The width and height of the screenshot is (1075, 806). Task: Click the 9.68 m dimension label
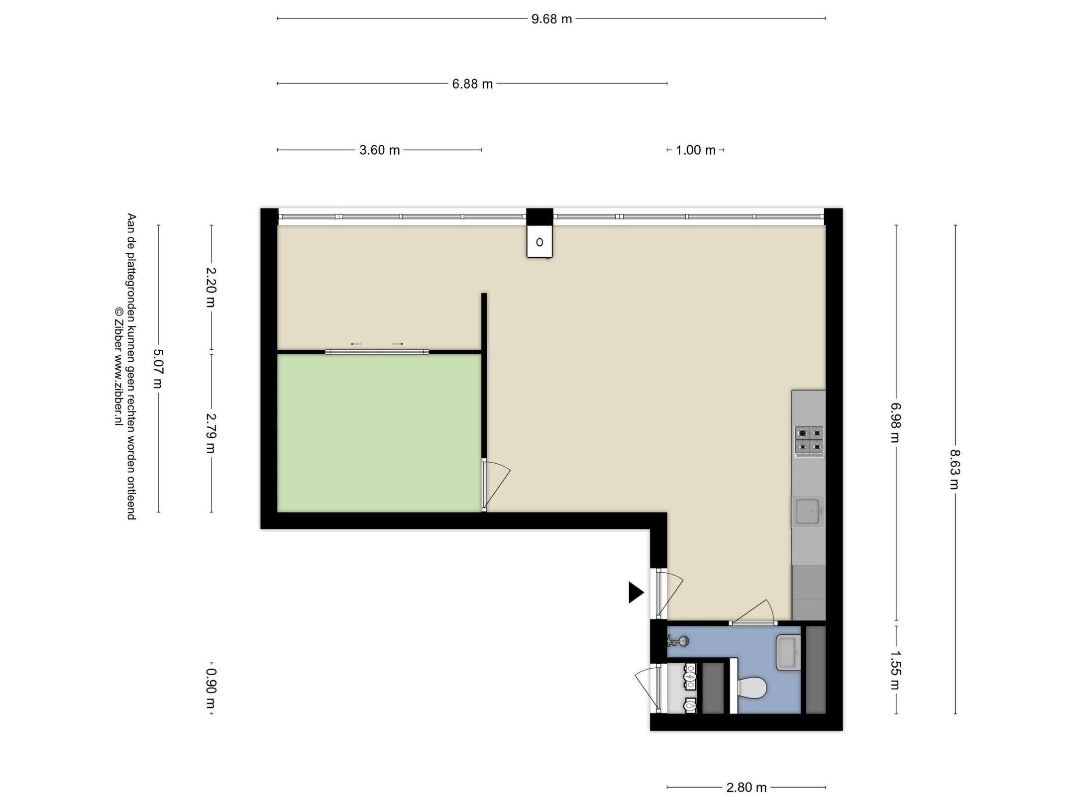point(551,19)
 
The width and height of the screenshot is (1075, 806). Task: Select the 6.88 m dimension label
point(472,84)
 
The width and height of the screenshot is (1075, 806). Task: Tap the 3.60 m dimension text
point(380,150)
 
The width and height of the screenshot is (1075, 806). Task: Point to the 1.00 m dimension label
point(695,150)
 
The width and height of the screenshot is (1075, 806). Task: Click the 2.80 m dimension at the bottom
point(747,788)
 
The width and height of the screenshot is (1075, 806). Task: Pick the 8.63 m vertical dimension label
point(954,469)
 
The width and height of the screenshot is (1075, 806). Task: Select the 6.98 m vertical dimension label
point(896,422)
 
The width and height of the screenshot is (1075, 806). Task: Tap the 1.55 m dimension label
point(896,670)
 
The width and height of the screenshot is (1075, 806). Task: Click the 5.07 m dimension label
point(158,369)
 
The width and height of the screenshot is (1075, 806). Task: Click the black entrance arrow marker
point(636,592)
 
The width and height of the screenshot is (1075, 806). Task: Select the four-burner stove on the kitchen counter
point(809,441)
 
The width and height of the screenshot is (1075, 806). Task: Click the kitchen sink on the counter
point(807,511)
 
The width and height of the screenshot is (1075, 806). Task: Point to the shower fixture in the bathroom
point(677,641)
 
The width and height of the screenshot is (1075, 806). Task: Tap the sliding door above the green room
point(377,352)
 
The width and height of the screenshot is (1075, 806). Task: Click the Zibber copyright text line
point(118,366)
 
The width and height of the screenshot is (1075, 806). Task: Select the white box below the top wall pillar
point(539,242)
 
